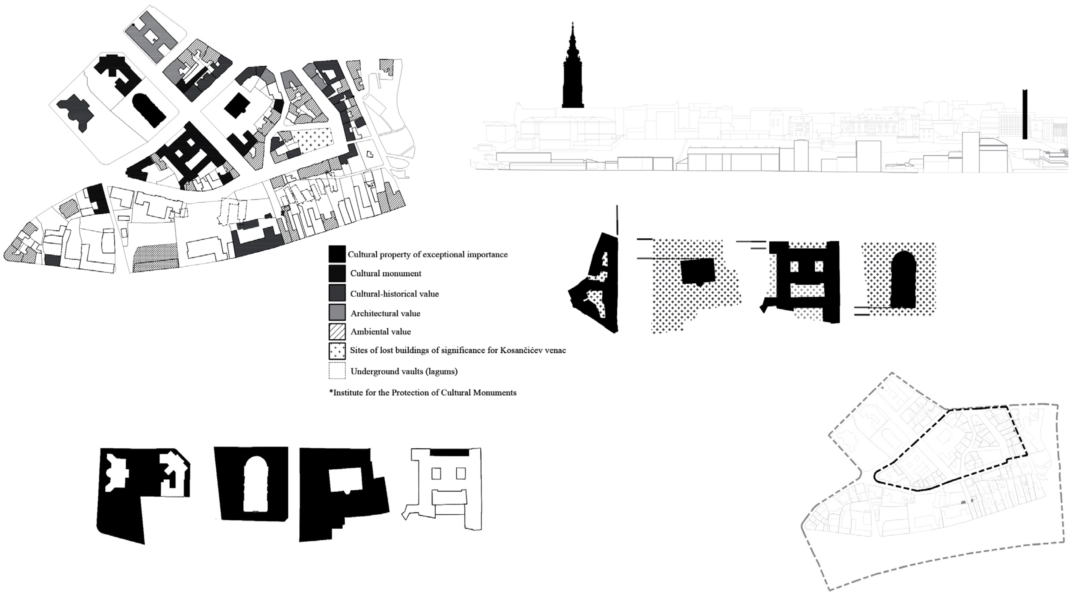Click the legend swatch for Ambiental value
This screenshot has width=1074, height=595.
point(337,332)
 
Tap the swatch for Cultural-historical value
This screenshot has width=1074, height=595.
point(337,293)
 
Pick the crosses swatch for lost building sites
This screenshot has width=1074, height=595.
point(337,351)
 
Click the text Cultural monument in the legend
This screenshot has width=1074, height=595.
point(386,274)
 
